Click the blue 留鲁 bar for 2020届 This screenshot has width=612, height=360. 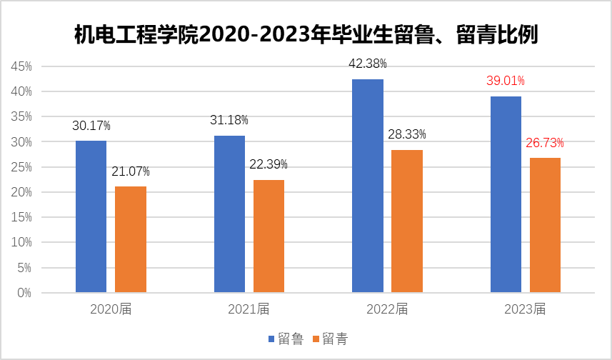(x=91, y=216)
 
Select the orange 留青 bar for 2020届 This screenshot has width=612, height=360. (x=130, y=239)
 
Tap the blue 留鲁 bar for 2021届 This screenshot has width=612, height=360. (x=229, y=214)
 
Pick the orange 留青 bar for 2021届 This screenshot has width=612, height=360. (x=269, y=236)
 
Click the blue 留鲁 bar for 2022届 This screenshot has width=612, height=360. (x=368, y=186)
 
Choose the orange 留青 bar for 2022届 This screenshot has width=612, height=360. (x=407, y=221)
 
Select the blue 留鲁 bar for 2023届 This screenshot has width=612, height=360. (x=506, y=194)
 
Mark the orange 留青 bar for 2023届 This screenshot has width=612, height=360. (x=545, y=225)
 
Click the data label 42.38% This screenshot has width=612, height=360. (x=367, y=64)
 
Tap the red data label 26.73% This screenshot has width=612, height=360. (x=545, y=143)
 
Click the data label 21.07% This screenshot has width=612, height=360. (x=130, y=171)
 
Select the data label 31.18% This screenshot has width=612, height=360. (x=229, y=120)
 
